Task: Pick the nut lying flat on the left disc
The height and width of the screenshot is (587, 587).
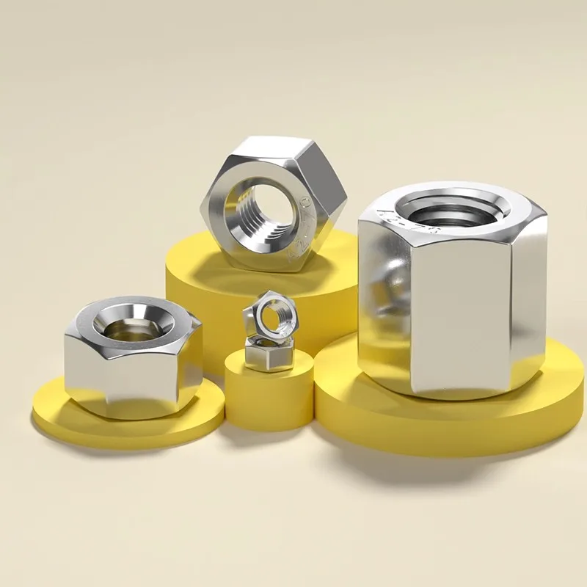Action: (x=132, y=360)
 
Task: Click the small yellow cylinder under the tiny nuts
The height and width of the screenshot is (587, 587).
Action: (x=268, y=400)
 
